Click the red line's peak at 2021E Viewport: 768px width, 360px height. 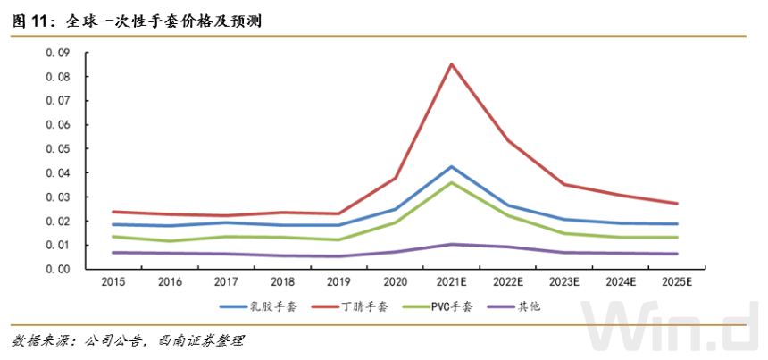point(452,63)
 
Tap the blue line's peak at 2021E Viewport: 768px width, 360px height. point(452,166)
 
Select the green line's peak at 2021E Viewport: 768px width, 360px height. point(452,182)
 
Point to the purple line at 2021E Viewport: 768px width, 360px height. point(452,244)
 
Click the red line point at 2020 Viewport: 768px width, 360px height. point(396,178)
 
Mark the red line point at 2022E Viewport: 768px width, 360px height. point(508,140)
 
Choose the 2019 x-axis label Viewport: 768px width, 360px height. point(339,282)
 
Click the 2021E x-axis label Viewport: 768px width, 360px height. point(452,282)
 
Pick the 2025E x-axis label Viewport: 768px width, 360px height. point(677,282)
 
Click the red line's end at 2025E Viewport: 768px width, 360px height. point(677,204)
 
